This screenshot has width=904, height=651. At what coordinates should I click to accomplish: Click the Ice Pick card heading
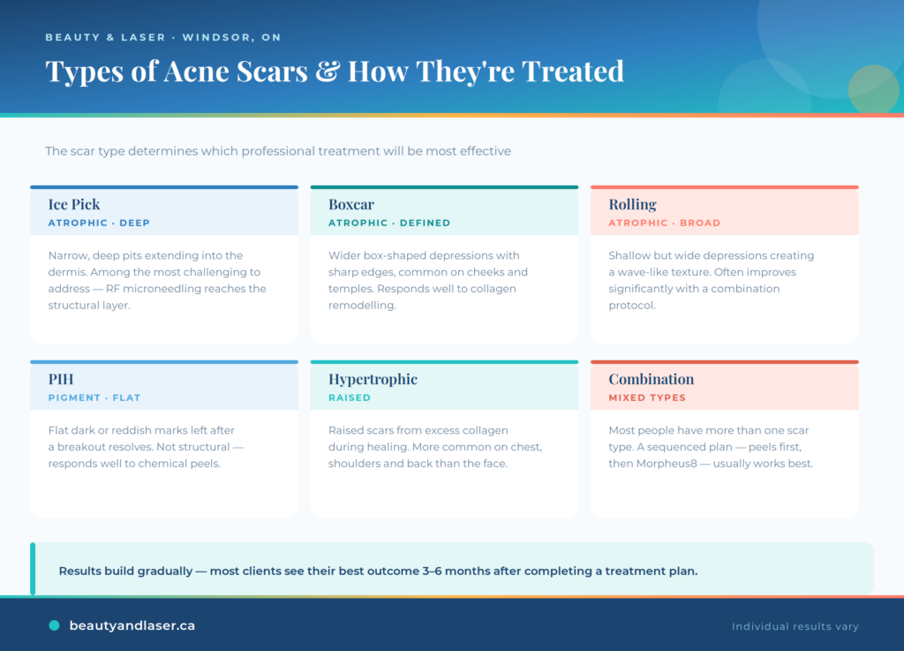[74, 205]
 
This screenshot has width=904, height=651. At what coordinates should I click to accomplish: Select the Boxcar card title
[351, 205]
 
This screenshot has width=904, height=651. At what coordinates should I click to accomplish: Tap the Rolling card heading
[632, 205]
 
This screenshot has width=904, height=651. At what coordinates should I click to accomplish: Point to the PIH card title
[61, 380]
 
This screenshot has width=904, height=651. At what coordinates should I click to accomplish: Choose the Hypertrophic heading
[373, 380]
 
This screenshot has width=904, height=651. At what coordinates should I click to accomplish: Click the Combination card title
[651, 380]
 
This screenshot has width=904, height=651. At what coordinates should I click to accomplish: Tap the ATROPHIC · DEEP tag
[99, 223]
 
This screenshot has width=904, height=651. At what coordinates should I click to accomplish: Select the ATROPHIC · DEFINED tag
[389, 223]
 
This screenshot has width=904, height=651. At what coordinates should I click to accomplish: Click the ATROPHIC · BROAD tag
[664, 223]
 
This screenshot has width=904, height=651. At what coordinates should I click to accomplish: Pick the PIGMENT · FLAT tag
[94, 397]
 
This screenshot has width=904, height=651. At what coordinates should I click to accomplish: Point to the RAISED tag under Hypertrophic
[350, 397]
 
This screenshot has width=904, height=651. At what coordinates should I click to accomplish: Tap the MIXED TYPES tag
[647, 397]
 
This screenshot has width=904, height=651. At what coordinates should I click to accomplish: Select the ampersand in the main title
[328, 72]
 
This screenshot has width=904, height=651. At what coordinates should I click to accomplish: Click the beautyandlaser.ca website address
[132, 625]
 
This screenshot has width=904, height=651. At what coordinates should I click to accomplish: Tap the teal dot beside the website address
[54, 625]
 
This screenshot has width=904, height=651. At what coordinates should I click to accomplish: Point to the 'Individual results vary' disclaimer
[795, 626]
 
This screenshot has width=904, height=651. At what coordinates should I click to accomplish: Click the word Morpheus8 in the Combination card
[667, 464]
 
